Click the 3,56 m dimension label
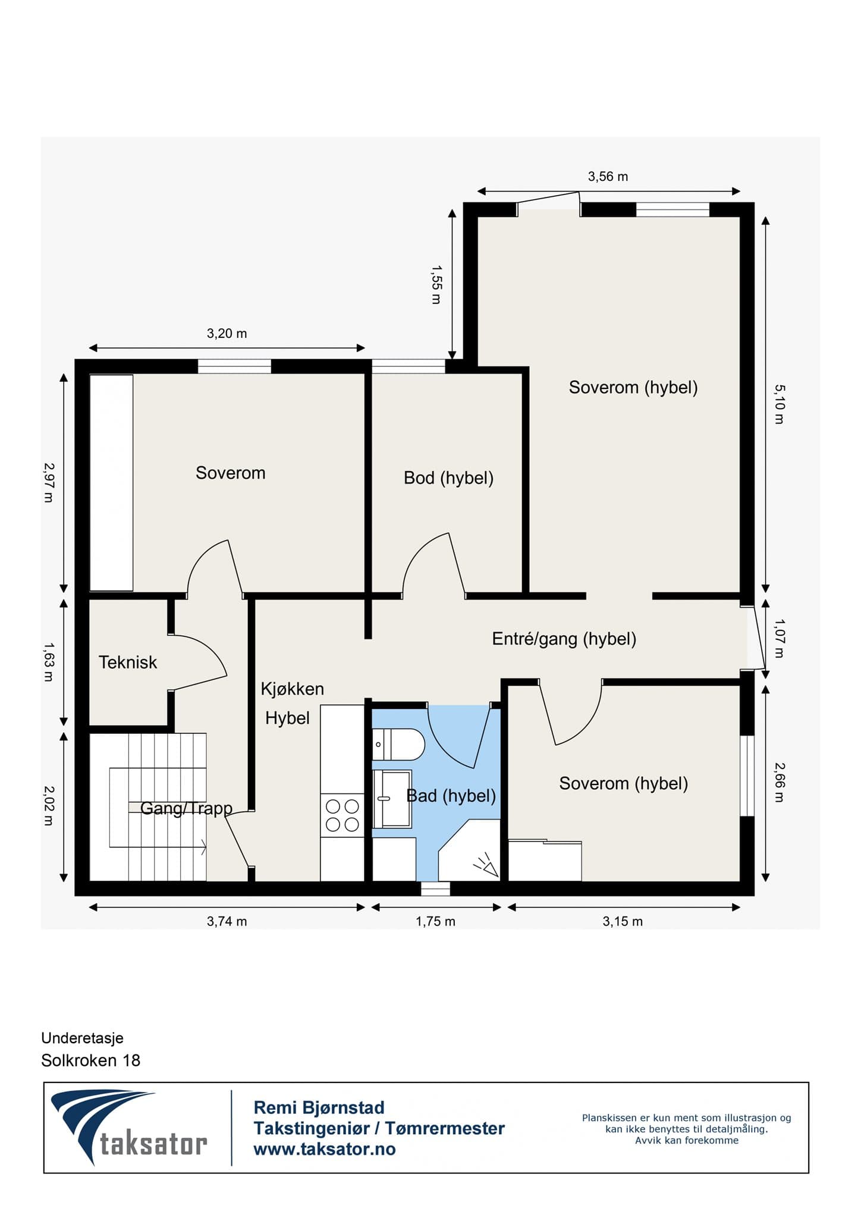(608, 177)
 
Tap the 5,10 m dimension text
(779, 404)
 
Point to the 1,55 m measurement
(436, 285)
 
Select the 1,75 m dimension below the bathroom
(435, 921)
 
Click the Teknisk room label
(128, 663)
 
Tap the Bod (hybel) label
(448, 478)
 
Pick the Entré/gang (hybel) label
(564, 639)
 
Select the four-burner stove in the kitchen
(342, 815)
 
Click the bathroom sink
(392, 799)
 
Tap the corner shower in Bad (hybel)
(469, 850)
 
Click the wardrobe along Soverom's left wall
(111, 483)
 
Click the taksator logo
(129, 1129)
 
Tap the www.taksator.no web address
(325, 1149)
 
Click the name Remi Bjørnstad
(319, 1107)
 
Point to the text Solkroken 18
(91, 1060)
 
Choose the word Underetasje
(83, 1038)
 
